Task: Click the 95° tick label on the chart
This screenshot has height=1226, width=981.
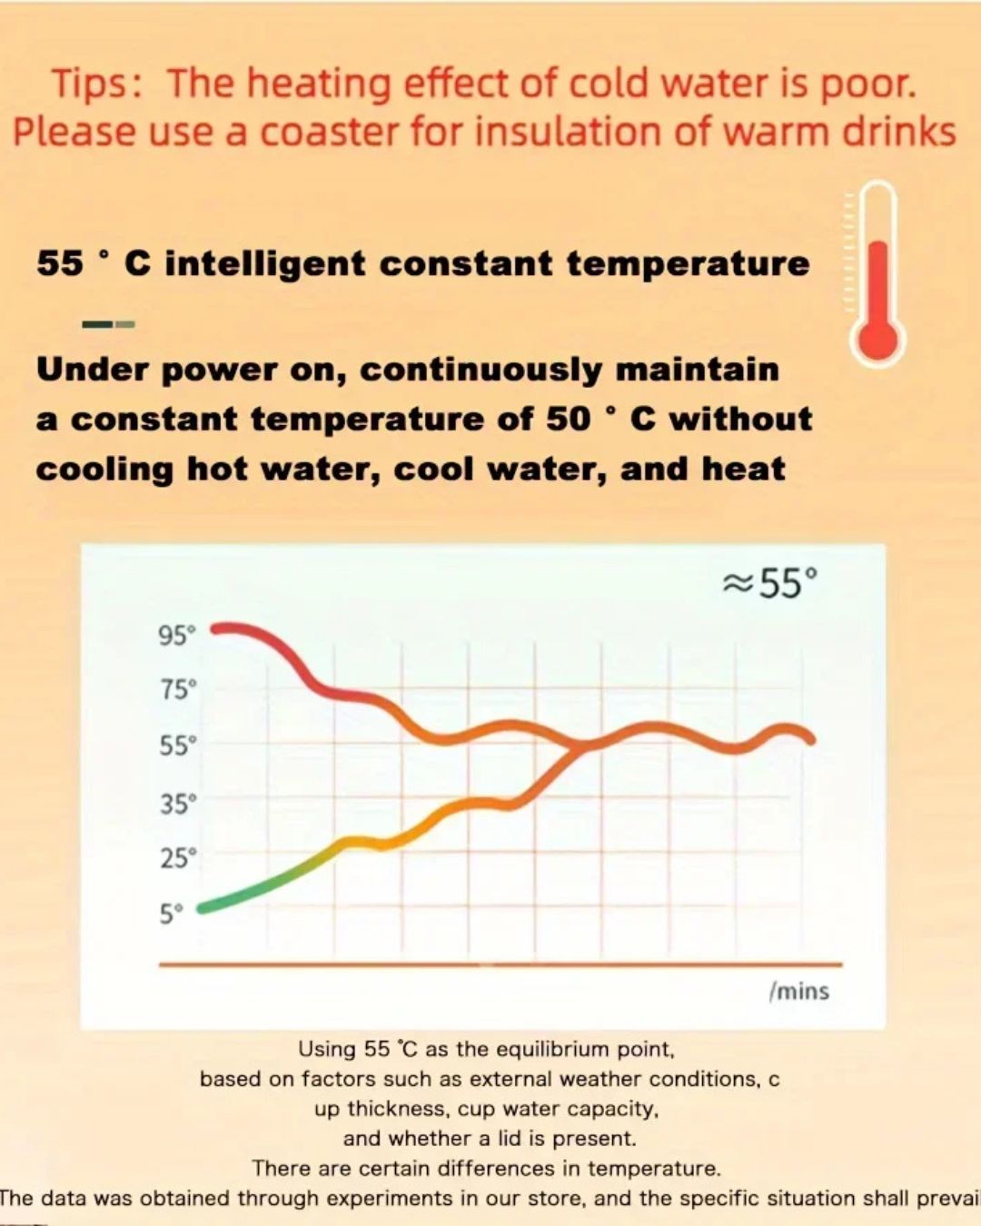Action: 177,636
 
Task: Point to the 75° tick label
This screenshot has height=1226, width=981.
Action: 177,690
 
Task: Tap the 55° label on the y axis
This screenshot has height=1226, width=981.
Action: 177,746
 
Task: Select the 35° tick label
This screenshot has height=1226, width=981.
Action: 177,804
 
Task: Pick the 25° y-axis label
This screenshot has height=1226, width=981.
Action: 177,858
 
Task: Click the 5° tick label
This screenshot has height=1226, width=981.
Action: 172,914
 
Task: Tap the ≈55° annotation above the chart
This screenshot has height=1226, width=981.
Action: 770,583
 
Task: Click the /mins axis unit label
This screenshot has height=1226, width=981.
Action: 799,991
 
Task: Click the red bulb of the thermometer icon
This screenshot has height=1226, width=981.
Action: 877,340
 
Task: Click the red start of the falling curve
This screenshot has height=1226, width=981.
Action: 218,628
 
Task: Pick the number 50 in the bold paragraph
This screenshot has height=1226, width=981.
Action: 569,419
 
